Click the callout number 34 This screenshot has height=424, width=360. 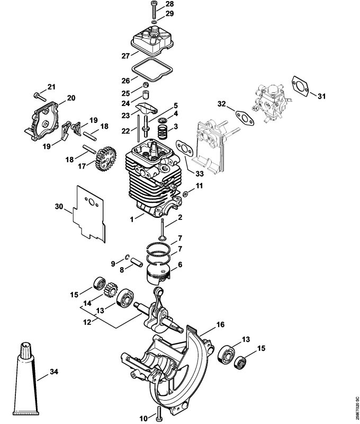[x=54, y=372]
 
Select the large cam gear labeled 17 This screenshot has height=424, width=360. [x=106, y=158]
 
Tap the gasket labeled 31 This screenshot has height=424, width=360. [x=300, y=85]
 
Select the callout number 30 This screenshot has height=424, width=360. [x=59, y=207]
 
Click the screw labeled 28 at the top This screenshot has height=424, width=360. [x=154, y=10]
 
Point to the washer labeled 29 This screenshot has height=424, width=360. [x=154, y=22]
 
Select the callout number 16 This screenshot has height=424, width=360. [x=220, y=324]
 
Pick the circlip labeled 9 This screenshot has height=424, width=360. [x=127, y=257]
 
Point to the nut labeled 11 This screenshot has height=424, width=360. [x=185, y=193]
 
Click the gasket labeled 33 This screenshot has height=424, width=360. [x=185, y=149]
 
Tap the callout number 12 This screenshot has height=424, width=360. [x=87, y=323]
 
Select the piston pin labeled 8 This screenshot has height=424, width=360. [x=137, y=262]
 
